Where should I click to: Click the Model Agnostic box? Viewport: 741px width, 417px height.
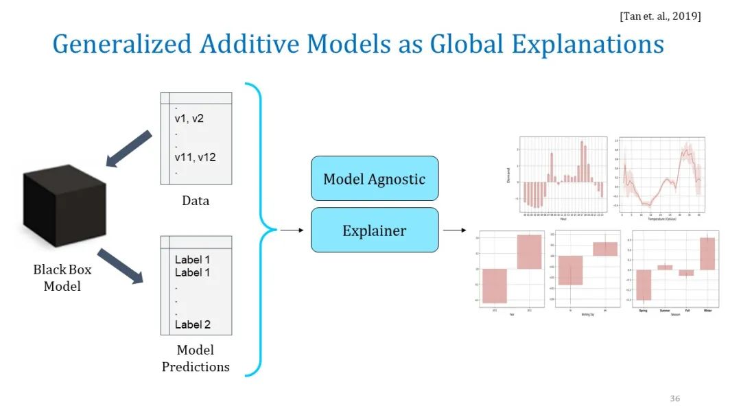click(374, 179)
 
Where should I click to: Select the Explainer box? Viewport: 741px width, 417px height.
click(374, 230)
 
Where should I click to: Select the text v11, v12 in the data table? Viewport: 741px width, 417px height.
click(195, 157)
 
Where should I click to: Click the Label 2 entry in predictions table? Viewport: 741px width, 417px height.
click(192, 324)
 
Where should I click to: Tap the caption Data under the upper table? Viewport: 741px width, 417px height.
click(196, 201)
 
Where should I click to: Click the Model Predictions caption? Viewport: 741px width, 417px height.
click(196, 358)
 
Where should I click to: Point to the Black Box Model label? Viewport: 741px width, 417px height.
click(62, 278)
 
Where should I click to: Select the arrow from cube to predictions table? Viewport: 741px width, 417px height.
click(121, 266)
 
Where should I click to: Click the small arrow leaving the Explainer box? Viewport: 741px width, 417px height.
click(451, 230)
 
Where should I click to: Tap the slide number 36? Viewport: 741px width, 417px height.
click(674, 398)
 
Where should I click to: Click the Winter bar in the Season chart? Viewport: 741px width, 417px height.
click(707, 253)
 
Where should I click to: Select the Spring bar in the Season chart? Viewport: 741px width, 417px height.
click(643, 285)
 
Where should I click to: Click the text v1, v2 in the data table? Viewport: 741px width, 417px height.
click(189, 118)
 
